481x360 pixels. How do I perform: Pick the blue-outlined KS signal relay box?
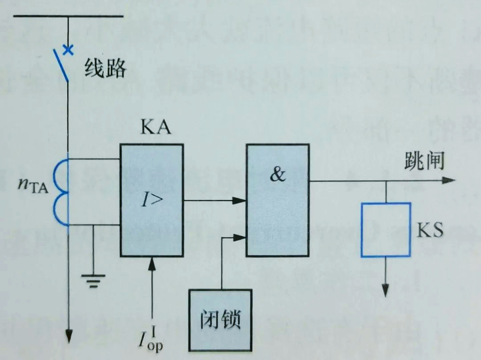[x=386, y=230]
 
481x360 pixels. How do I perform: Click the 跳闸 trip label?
[x=424, y=161]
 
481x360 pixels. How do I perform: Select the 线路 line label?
[x=105, y=69]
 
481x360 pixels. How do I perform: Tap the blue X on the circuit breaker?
[x=68, y=49]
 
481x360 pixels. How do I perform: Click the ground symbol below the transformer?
[x=93, y=280]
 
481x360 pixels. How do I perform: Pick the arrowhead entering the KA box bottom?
[x=152, y=264]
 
